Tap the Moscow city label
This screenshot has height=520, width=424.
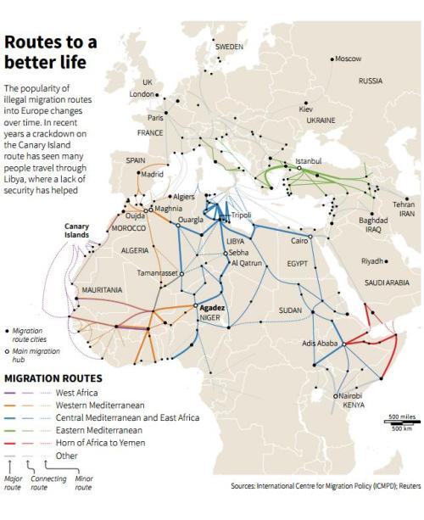[348, 59]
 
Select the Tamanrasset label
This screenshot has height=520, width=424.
[158, 273]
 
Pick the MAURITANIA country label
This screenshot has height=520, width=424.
[103, 290]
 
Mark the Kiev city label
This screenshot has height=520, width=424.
[306, 109]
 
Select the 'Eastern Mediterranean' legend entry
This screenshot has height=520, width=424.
[99, 430]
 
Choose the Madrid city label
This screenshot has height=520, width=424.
[153, 175]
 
